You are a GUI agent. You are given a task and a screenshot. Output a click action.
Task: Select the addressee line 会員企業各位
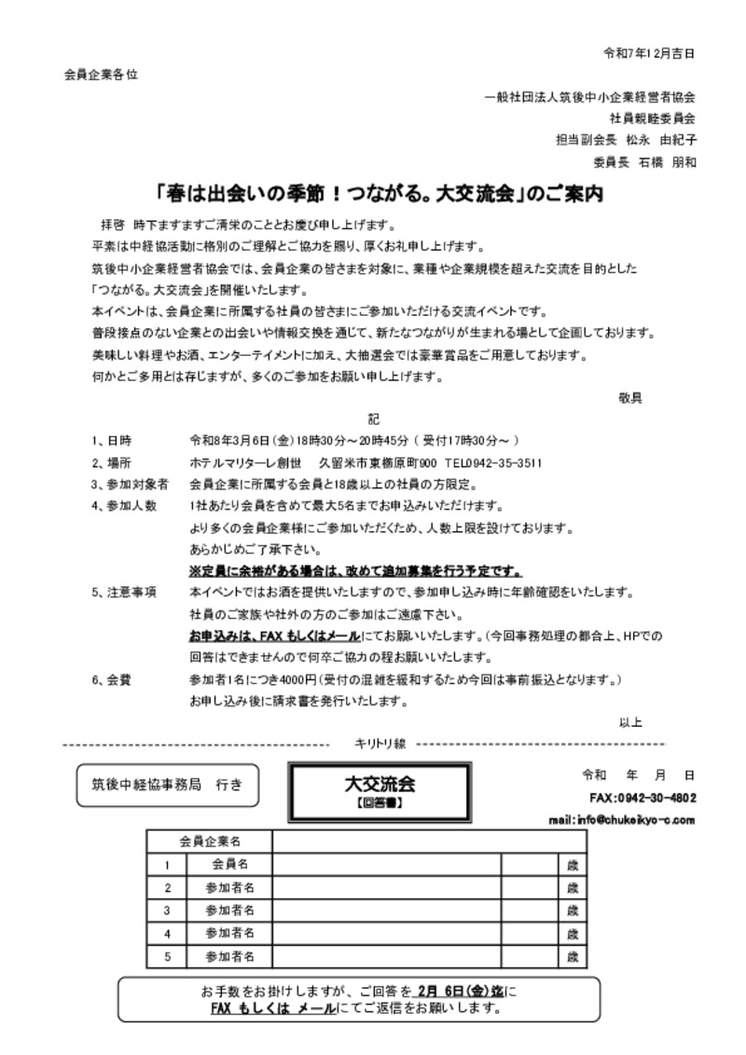pyautogui.click(x=101, y=75)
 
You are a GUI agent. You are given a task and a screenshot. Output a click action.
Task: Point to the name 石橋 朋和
pyautogui.click(x=667, y=161)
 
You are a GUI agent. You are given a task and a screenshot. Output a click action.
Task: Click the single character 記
pyautogui.click(x=373, y=419)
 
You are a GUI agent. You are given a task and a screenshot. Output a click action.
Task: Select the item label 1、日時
pyautogui.click(x=111, y=441)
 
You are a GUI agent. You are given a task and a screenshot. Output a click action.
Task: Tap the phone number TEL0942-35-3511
pyautogui.click(x=493, y=463)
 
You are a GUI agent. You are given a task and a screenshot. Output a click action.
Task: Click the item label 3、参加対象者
pyautogui.click(x=130, y=485)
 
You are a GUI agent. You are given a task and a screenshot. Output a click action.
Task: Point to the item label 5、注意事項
pyautogui.click(x=123, y=593)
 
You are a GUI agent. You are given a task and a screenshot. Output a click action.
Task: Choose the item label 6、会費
pyautogui.click(x=111, y=679)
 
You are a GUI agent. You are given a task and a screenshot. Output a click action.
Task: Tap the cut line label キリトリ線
pyautogui.click(x=380, y=744)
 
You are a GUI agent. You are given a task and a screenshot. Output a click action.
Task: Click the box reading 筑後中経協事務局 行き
pyautogui.click(x=167, y=785)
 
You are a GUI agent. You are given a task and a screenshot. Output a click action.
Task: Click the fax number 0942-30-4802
pyautogui.click(x=656, y=798)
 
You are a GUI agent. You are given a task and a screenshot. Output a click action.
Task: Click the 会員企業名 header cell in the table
pyautogui.click(x=209, y=842)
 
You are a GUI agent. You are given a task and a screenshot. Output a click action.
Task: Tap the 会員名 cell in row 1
pyautogui.click(x=229, y=865)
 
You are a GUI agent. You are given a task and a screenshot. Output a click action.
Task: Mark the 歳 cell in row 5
pyautogui.click(x=573, y=956)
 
